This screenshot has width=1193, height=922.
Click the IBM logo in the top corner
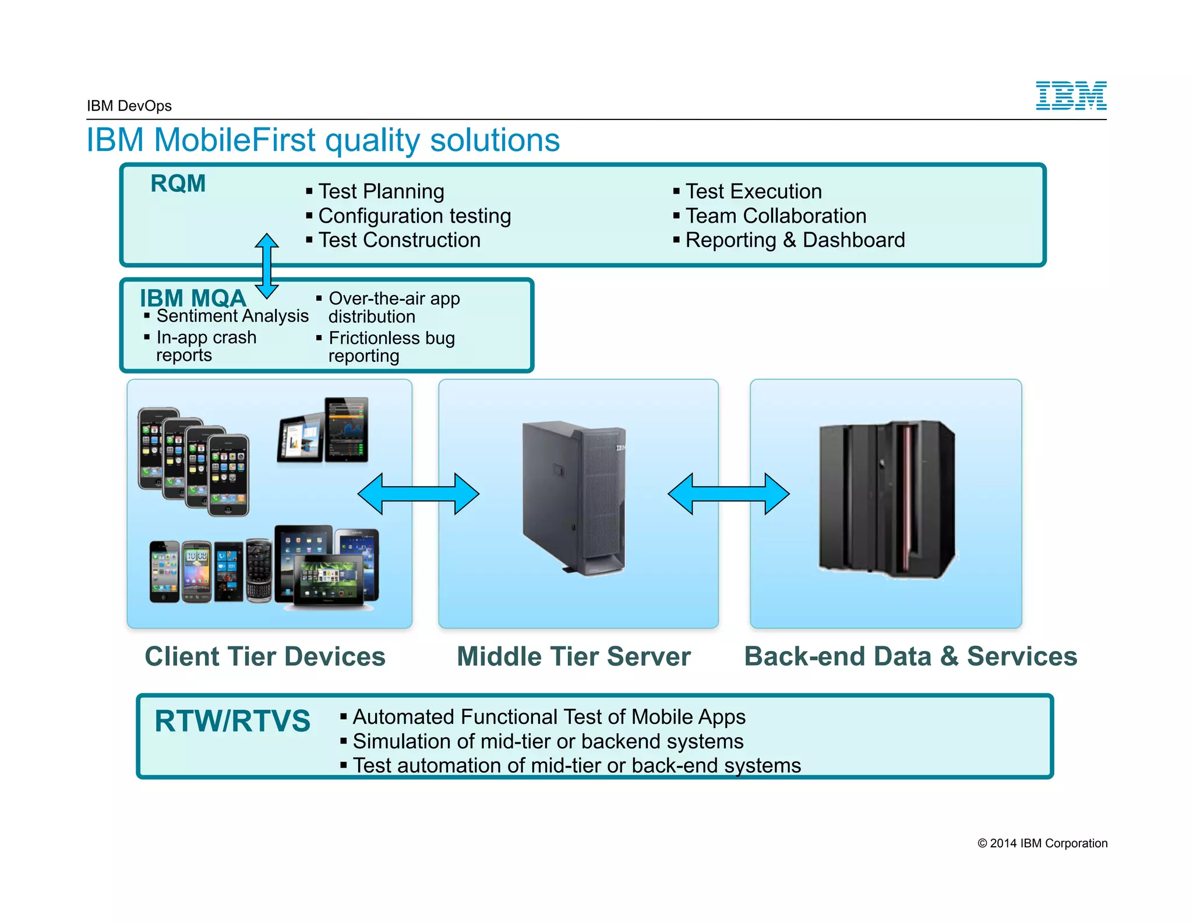[x=1071, y=96]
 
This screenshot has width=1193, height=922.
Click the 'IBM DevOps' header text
[x=129, y=106]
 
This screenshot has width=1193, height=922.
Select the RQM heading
[x=178, y=184]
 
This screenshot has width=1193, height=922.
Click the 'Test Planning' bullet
[x=381, y=191]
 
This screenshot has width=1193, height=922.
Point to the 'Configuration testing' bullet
[x=414, y=216]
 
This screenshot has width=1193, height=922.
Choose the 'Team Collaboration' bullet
[x=775, y=216]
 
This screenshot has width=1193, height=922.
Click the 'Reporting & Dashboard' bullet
[x=795, y=240]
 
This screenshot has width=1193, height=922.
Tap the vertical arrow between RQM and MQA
[x=267, y=266]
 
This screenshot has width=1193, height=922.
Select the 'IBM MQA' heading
[x=193, y=298]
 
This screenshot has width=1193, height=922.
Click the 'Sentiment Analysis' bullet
[x=232, y=316]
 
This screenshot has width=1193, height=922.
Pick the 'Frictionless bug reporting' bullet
[x=391, y=347]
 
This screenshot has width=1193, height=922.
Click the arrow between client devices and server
[x=418, y=494]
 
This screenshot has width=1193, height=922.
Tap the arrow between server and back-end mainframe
[x=728, y=494]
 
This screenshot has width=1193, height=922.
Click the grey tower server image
[x=574, y=498]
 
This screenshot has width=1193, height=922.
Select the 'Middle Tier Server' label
[x=573, y=656]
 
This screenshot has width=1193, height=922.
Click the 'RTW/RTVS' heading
[x=232, y=721]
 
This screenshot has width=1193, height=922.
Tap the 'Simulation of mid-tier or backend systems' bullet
[x=548, y=741]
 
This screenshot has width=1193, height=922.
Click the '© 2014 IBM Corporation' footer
[x=1042, y=843]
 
